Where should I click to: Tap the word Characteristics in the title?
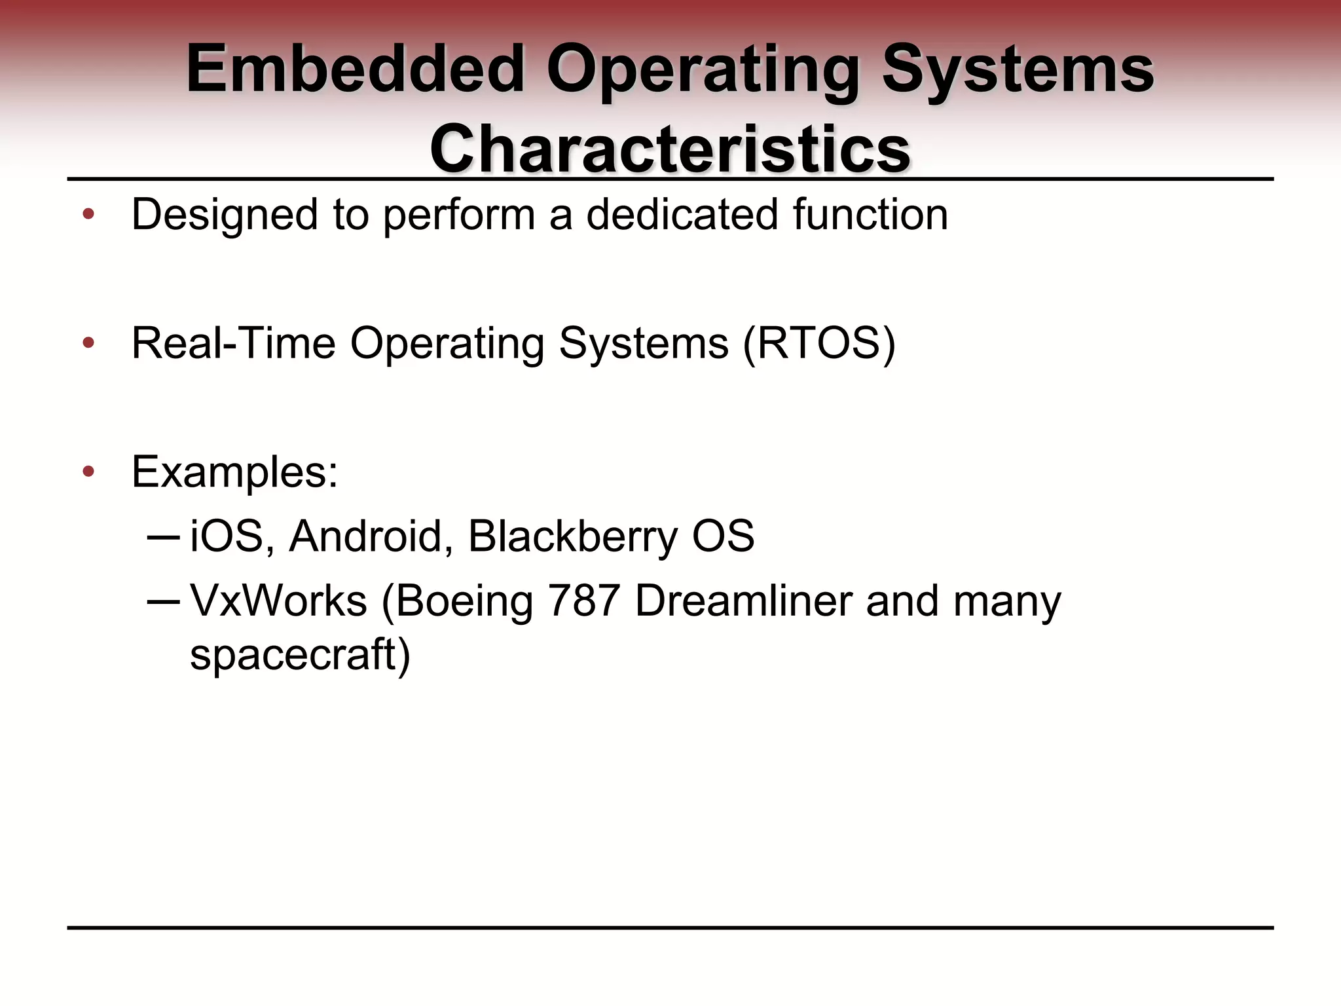coord(670,149)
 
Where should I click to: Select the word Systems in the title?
coord(1018,69)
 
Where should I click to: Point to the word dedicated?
coord(682,215)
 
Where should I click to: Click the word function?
coord(870,215)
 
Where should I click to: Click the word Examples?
coord(235,472)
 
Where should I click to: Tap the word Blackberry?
coord(573,536)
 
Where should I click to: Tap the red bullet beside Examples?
coord(88,472)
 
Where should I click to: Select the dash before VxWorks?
coord(163,601)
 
